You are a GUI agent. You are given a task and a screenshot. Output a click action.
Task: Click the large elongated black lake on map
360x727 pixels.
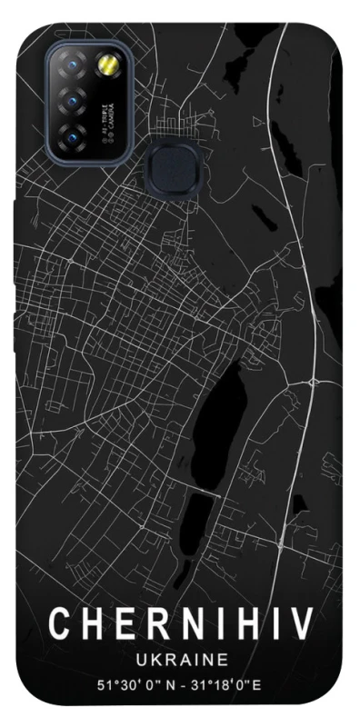click(x=215, y=417)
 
